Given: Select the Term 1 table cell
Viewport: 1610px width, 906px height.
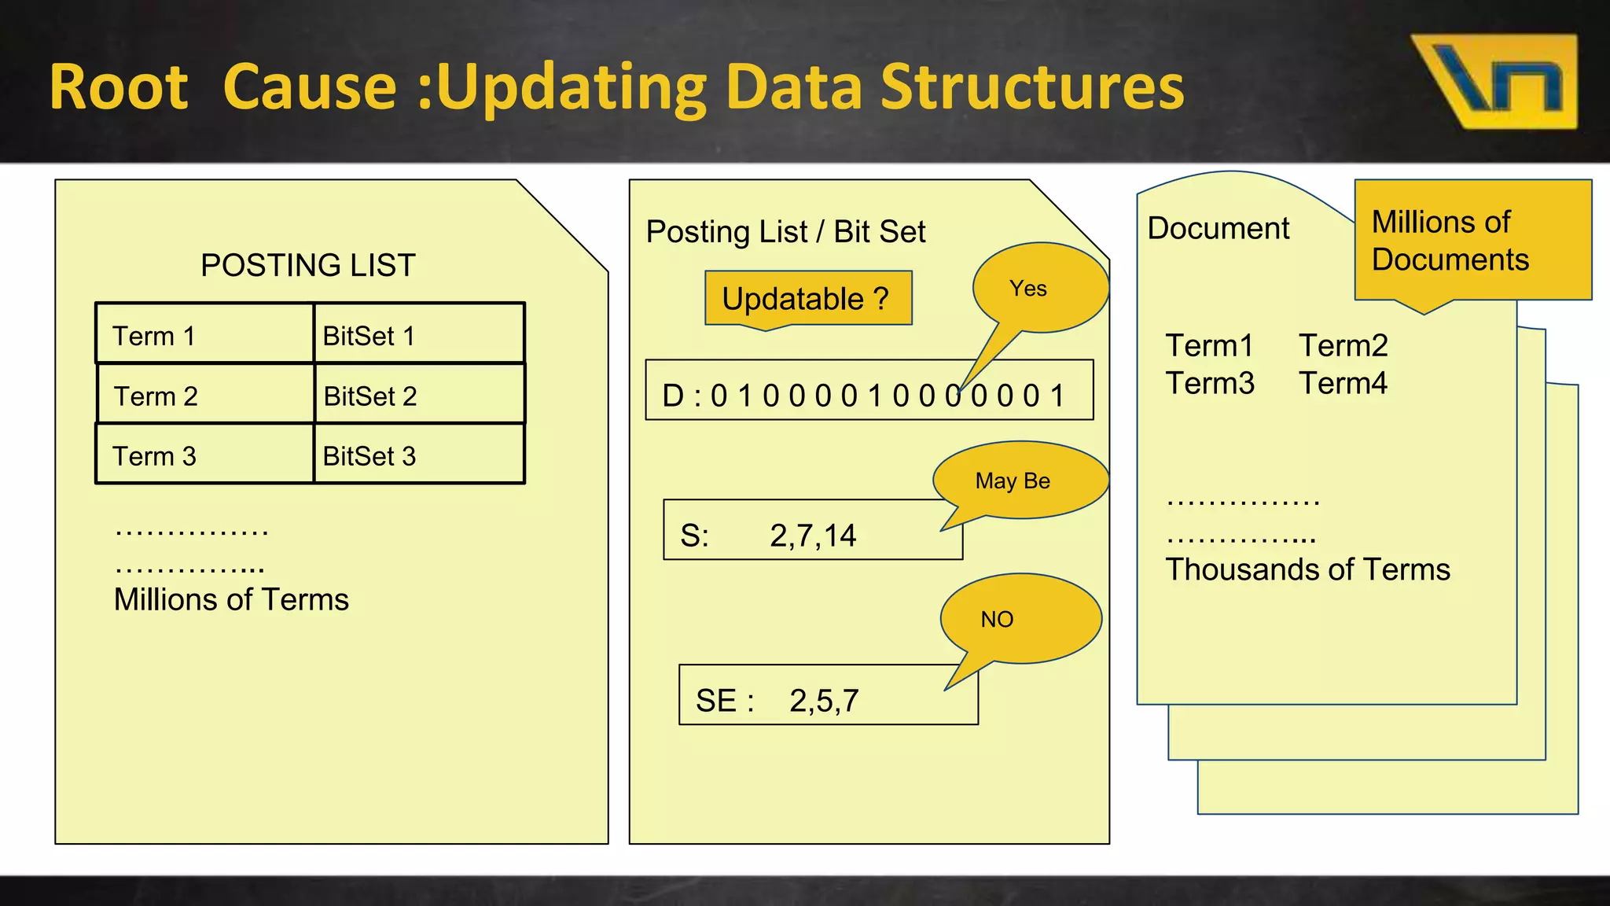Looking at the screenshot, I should click(x=204, y=335).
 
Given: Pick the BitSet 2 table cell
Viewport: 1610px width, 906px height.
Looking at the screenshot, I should click(x=418, y=395).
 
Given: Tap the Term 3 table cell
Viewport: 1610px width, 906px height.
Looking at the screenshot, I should click(x=204, y=455).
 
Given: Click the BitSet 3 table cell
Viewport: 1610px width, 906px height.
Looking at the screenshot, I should click(x=418, y=455).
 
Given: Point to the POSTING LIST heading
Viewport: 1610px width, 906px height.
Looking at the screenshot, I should click(x=307, y=265).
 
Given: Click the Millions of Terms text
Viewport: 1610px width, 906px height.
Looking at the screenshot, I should click(x=231, y=599).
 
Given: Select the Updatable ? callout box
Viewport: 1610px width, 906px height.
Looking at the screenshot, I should click(x=807, y=299).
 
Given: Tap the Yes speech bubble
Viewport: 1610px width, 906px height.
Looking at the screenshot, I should click(x=1038, y=288).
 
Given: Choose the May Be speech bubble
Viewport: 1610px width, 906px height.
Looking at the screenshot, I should click(x=1018, y=480).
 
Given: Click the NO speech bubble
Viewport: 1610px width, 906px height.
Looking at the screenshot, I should click(x=1018, y=619).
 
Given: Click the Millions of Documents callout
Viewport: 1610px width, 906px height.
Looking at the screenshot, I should click(x=1472, y=241).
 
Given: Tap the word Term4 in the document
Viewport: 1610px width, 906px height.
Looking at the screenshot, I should click(x=1343, y=383).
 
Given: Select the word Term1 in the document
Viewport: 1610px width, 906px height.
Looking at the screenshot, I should click(x=1209, y=345).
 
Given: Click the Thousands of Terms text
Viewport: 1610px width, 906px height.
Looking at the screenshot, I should click(x=1307, y=569).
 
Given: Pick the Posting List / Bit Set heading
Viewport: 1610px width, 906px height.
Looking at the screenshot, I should click(x=785, y=232).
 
